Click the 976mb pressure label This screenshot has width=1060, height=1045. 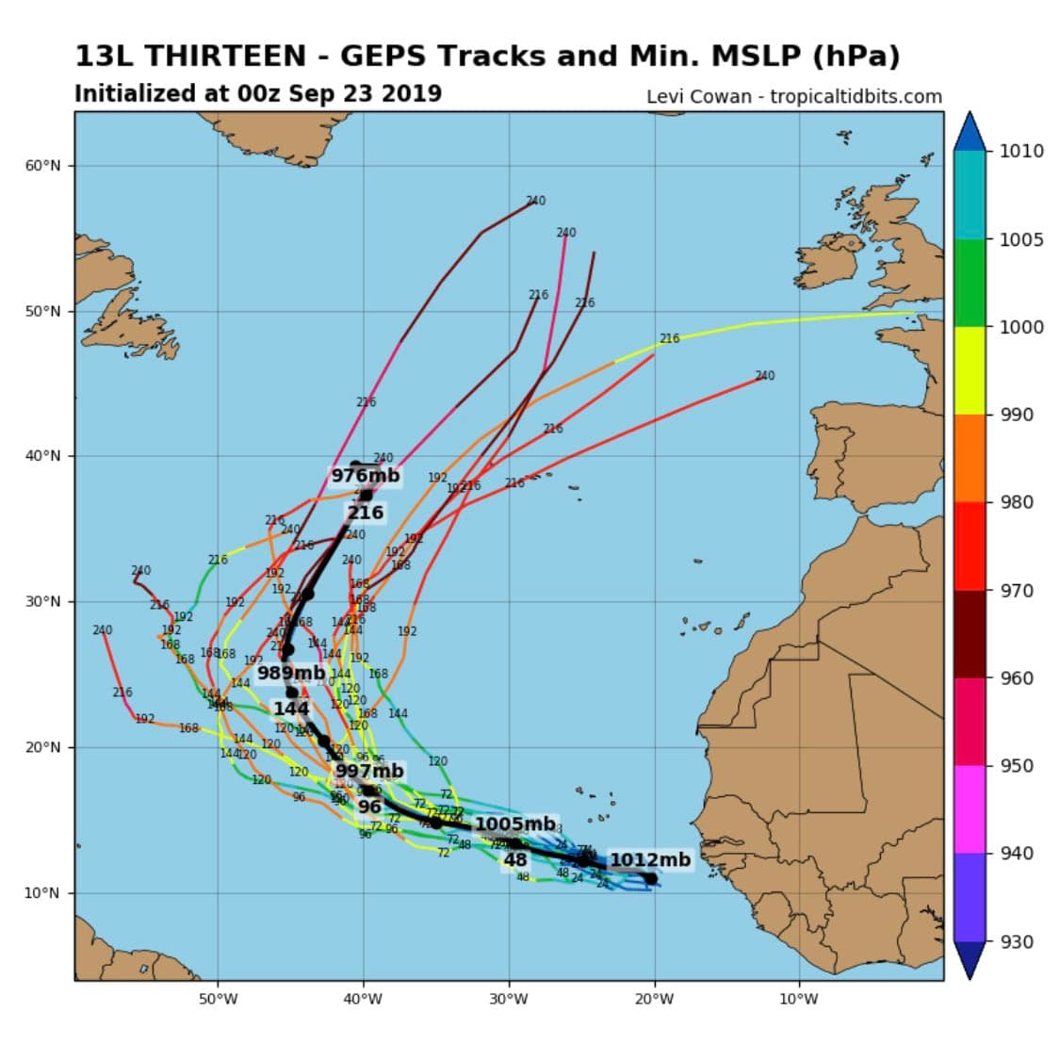365,476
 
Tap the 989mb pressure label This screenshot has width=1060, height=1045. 291,673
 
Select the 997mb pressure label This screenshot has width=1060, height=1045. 369,772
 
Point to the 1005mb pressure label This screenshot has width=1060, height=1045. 514,825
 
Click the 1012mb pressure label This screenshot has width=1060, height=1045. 650,859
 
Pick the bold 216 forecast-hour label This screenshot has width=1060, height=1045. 366,513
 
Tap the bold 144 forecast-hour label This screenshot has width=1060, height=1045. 291,709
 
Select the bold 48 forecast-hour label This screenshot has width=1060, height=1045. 514,860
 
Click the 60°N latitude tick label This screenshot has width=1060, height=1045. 42,166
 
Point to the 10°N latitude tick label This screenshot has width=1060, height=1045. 42,893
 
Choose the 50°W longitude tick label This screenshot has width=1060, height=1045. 218,999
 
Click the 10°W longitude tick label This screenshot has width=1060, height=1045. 799,999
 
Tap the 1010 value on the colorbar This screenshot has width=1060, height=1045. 1021,152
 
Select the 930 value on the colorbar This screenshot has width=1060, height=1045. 1017,941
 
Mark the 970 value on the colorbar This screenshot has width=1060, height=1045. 1017,591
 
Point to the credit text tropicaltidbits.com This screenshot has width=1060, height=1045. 856,96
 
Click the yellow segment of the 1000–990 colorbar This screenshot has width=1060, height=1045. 970,370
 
